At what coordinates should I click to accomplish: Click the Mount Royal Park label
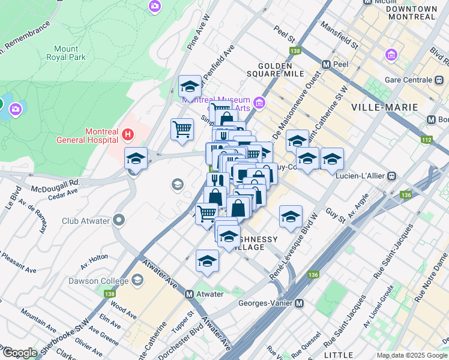(x=65, y=53)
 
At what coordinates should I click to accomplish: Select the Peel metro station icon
(x=327, y=64)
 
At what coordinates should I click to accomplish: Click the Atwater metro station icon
(x=189, y=294)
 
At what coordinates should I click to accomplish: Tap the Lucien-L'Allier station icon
(x=391, y=176)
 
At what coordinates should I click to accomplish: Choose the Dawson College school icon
(x=137, y=280)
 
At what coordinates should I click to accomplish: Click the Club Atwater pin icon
(x=119, y=220)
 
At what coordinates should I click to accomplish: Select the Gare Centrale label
(x=409, y=80)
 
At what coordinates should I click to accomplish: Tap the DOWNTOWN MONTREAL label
(x=411, y=13)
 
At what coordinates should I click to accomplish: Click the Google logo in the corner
(x=19, y=353)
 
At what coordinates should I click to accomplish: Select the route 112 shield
(x=427, y=140)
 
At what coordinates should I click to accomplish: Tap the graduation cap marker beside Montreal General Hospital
(x=136, y=159)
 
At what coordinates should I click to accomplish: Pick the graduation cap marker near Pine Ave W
(x=190, y=86)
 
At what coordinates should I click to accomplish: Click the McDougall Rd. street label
(x=58, y=182)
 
